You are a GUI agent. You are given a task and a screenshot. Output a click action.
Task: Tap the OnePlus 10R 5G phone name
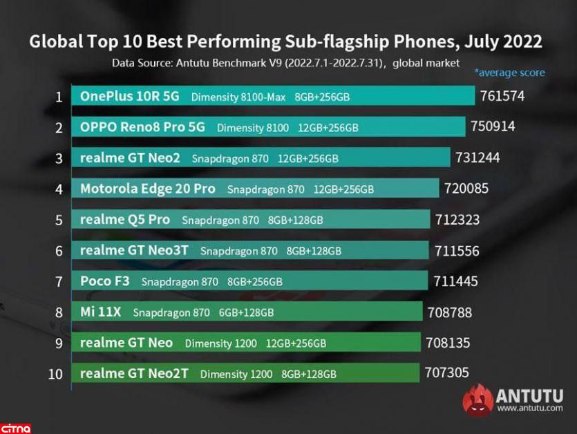129,97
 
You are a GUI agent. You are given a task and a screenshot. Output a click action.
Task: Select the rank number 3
59,158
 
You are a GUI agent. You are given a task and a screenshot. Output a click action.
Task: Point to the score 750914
493,126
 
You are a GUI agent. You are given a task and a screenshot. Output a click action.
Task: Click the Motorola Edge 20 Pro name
148,189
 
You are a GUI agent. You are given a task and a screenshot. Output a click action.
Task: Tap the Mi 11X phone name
100,312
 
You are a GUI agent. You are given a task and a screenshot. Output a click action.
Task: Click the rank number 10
56,374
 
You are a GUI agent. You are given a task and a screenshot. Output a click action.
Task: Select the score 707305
446,373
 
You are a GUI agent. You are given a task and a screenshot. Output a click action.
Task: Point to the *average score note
509,73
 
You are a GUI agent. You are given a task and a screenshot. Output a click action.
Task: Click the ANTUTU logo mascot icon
477,401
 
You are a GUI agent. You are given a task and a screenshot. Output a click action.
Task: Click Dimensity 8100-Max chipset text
238,97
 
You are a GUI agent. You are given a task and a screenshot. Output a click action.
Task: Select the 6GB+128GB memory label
246,313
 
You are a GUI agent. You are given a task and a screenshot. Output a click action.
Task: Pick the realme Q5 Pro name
124,220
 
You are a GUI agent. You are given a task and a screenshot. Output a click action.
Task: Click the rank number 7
59,281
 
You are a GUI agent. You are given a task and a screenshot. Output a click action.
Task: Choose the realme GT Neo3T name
134,251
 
